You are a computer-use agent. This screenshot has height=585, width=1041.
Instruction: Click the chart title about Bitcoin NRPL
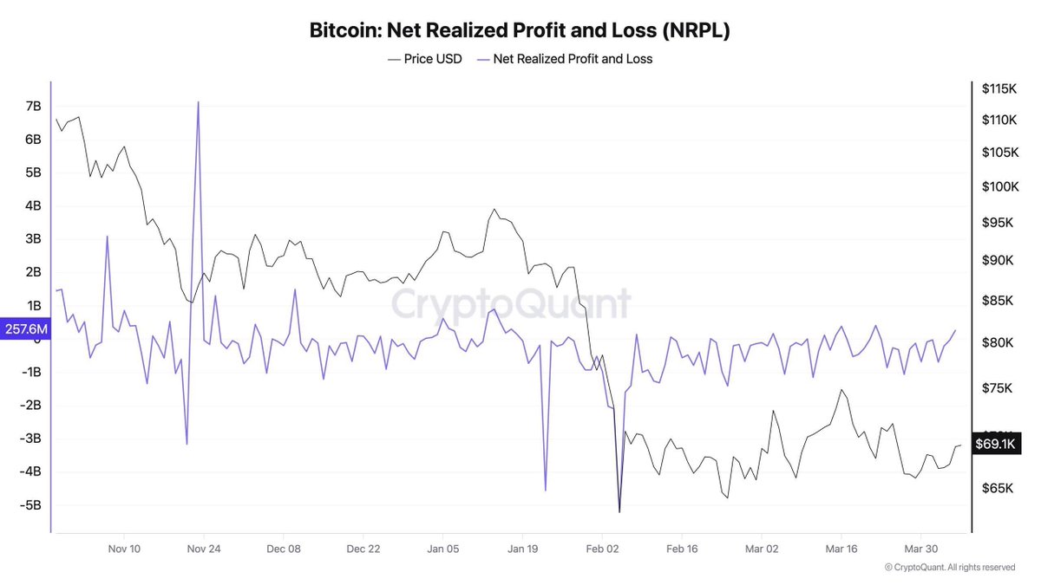click(x=520, y=30)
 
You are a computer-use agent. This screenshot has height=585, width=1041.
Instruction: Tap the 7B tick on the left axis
click(x=34, y=106)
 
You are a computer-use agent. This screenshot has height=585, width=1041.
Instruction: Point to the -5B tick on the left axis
click(x=31, y=505)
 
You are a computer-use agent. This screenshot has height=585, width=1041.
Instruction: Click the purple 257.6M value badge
click(x=25, y=329)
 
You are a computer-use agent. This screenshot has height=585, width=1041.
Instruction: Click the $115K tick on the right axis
click(x=998, y=88)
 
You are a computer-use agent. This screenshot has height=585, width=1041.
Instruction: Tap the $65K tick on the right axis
click(x=998, y=488)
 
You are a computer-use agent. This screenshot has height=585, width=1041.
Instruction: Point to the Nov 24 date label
click(x=204, y=549)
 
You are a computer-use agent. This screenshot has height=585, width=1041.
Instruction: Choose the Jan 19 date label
click(x=523, y=549)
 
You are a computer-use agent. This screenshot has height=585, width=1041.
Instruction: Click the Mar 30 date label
click(x=920, y=549)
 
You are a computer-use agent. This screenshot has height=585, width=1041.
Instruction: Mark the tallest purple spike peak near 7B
click(x=199, y=102)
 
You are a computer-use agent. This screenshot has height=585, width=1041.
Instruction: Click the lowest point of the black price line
click(x=619, y=511)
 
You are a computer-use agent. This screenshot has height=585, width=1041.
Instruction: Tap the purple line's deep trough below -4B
click(x=546, y=490)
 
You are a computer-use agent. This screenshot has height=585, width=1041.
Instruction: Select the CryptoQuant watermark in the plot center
click(x=510, y=304)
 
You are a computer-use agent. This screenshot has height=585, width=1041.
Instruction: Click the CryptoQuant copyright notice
click(x=949, y=567)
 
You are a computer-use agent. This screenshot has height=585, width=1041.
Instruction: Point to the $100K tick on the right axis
click(x=998, y=186)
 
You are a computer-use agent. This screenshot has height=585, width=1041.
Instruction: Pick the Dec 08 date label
click(x=284, y=549)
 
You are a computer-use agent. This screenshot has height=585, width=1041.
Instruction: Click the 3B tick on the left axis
click(x=34, y=238)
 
